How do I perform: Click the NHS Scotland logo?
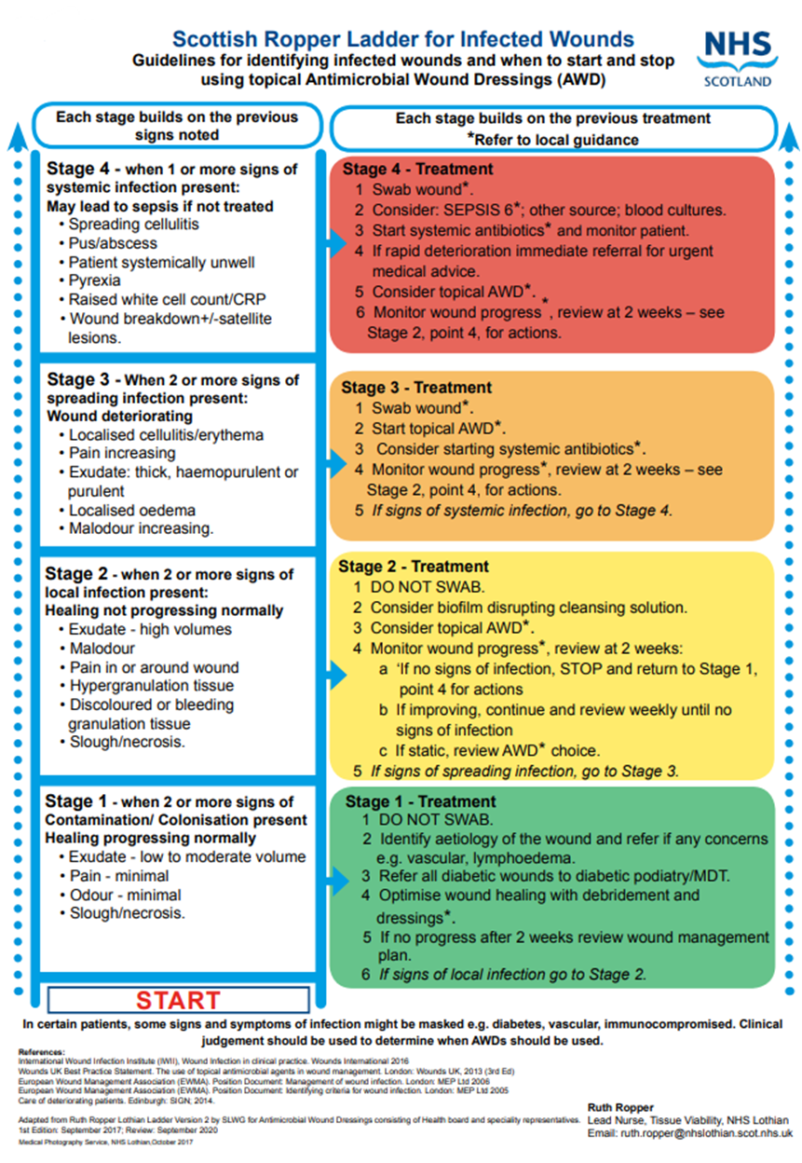[x=740, y=56]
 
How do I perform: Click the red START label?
[x=178, y=1001]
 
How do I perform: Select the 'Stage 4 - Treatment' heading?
[x=417, y=170]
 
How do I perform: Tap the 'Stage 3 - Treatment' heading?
[x=417, y=388]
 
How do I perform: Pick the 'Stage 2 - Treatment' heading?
[x=414, y=567]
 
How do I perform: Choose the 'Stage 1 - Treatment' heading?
[x=421, y=801]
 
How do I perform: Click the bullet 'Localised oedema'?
[x=131, y=511]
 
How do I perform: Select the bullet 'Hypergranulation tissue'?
[x=152, y=686]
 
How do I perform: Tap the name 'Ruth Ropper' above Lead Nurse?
[x=620, y=1107]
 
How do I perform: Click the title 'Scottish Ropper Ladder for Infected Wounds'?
[x=403, y=39]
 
